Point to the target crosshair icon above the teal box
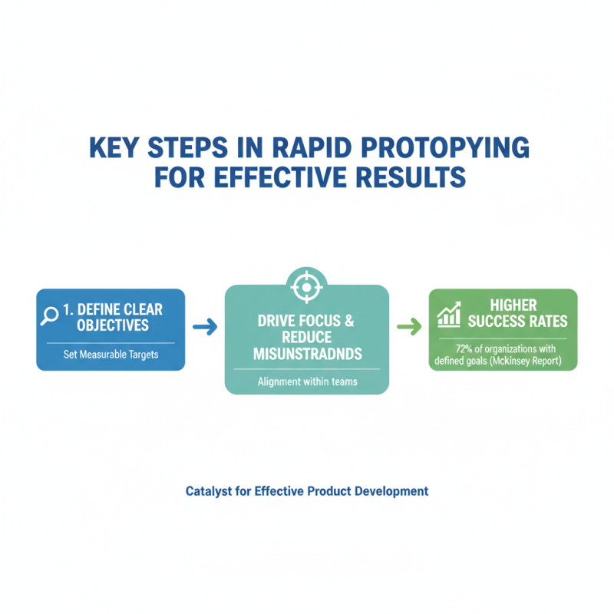306,287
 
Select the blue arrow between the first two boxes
205,328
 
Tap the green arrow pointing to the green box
409,328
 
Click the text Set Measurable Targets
111,355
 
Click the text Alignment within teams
306,381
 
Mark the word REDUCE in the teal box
306,337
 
